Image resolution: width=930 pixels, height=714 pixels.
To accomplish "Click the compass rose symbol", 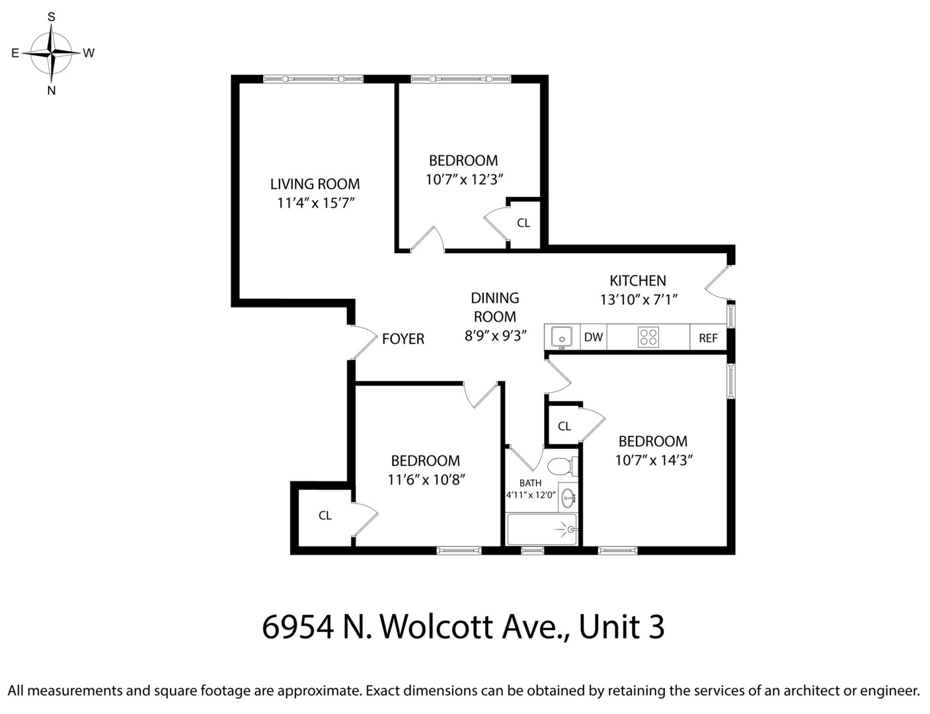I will (x=52, y=53).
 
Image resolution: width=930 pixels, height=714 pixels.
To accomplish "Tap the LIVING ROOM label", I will (x=315, y=184).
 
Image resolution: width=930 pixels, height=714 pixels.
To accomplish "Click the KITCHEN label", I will (x=637, y=280).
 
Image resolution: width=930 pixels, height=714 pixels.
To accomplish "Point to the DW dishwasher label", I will (x=594, y=338).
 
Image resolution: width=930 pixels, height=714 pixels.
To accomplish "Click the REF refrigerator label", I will (x=708, y=338).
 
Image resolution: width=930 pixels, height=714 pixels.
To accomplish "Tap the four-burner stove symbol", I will (x=648, y=337).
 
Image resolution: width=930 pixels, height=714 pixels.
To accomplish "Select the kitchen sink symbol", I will (x=562, y=337).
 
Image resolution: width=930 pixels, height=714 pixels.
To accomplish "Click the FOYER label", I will (x=403, y=339).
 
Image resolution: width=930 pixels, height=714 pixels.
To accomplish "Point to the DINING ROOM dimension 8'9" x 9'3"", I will (x=495, y=335).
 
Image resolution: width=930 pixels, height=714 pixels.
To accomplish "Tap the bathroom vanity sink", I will (x=568, y=498).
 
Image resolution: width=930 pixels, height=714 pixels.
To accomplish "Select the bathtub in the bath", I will (x=542, y=530).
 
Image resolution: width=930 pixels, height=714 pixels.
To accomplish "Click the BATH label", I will (x=530, y=483).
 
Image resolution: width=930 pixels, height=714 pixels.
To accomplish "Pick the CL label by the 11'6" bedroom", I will (x=325, y=516).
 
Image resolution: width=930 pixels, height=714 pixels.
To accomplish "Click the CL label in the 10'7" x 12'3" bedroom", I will (x=523, y=223).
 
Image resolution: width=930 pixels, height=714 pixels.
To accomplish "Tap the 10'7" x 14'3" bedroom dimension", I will (x=653, y=460).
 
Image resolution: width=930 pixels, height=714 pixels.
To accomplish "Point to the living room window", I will (x=313, y=79).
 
